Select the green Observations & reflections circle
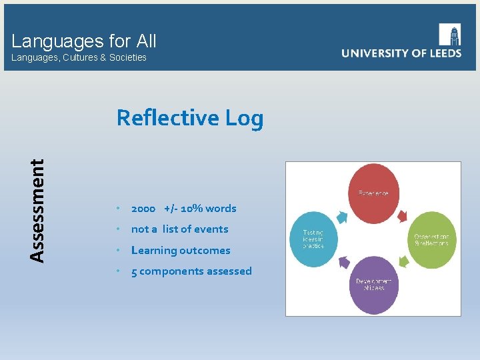[431, 239]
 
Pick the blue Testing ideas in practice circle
[314, 239]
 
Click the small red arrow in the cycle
[403, 215]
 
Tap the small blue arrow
[343, 215]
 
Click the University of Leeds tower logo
[450, 35]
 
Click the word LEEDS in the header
[442, 53]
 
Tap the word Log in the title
[244, 118]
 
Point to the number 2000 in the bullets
[143, 209]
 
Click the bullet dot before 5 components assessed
[117, 271]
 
